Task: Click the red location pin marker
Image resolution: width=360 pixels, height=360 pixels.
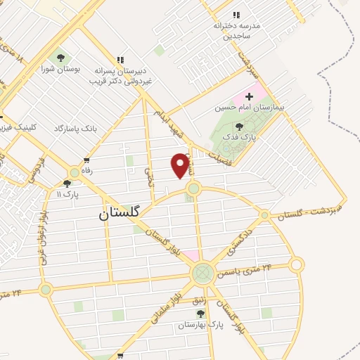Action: pyautogui.click(x=181, y=165)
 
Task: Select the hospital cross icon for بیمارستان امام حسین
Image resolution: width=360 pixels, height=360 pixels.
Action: pyautogui.click(x=249, y=95)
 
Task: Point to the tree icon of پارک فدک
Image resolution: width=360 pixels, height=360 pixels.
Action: pyautogui.click(x=239, y=127)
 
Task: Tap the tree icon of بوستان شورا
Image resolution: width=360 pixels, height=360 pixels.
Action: pyautogui.click(x=60, y=58)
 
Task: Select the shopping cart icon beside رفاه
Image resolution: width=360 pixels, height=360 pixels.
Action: pyautogui.click(x=86, y=161)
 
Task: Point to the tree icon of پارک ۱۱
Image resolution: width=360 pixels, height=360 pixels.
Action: pyautogui.click(x=67, y=184)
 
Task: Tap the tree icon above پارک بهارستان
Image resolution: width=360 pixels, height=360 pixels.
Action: pyautogui.click(x=200, y=314)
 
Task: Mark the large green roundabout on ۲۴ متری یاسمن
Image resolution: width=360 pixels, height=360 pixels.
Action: pyautogui.click(x=202, y=273)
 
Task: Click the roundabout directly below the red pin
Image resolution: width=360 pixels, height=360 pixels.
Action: pyautogui.click(x=193, y=188)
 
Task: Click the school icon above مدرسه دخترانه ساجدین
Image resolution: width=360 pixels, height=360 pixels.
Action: pyautogui.click(x=236, y=15)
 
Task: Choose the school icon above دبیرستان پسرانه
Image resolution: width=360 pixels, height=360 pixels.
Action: pyautogui.click(x=120, y=60)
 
